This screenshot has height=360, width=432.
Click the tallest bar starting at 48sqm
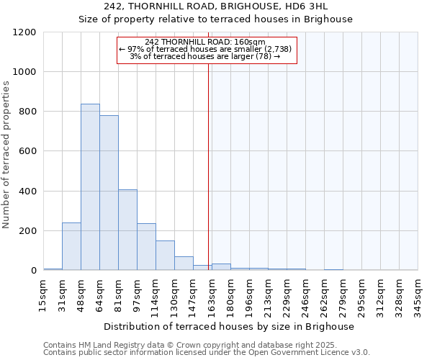click(90, 187)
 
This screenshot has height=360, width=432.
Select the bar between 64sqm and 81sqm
click(109, 193)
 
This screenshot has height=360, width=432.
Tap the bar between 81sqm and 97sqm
click(127, 230)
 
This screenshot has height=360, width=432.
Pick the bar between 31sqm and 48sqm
click(71, 246)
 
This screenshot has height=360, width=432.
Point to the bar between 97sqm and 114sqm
click(146, 247)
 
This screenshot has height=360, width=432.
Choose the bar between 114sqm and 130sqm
click(165, 256)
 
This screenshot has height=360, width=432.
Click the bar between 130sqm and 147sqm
click(184, 264)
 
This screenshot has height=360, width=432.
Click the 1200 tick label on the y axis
click(24, 32)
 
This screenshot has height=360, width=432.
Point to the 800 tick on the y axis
click(27, 112)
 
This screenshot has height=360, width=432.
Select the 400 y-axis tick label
click(27, 192)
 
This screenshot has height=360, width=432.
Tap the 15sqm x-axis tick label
click(44, 294)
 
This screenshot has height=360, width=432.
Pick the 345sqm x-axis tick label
click(418, 294)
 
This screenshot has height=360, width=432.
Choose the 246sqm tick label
click(305, 294)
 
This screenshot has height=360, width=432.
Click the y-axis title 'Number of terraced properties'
click(6, 155)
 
